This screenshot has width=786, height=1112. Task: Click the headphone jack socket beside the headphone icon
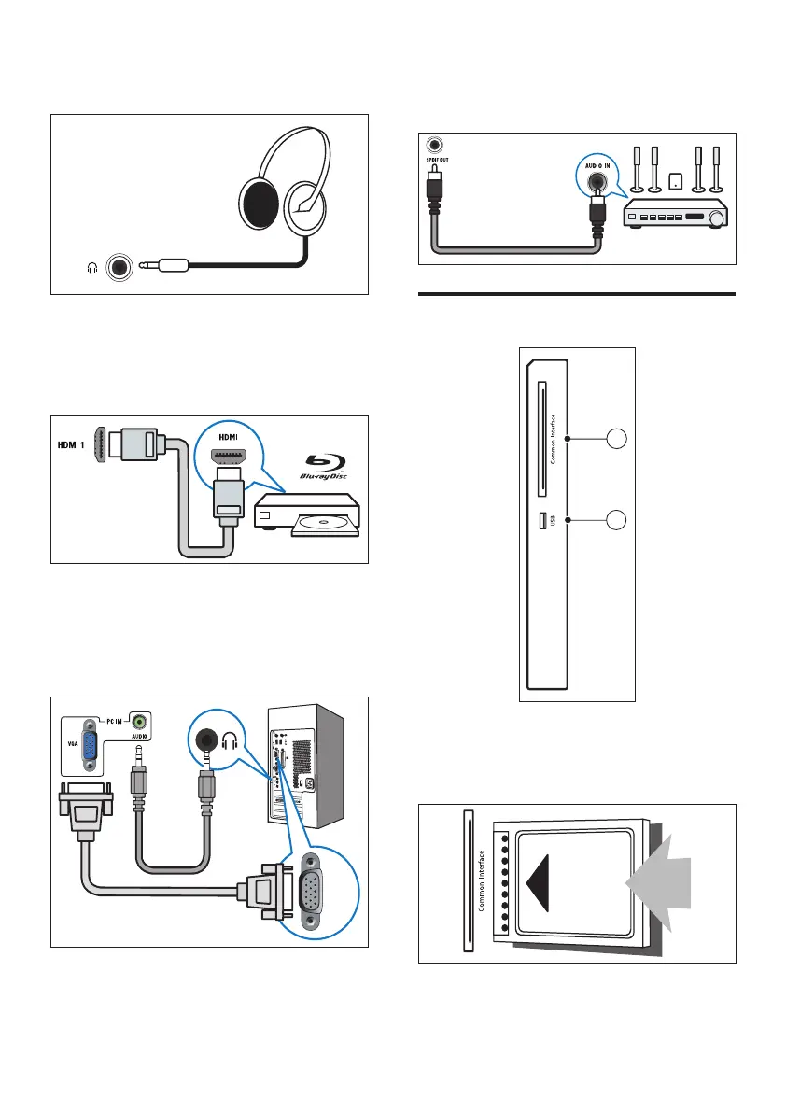point(119,266)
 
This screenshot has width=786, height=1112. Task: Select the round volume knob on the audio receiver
point(716,218)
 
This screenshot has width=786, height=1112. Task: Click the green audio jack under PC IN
point(139,721)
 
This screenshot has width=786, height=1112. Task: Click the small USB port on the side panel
point(541,518)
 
